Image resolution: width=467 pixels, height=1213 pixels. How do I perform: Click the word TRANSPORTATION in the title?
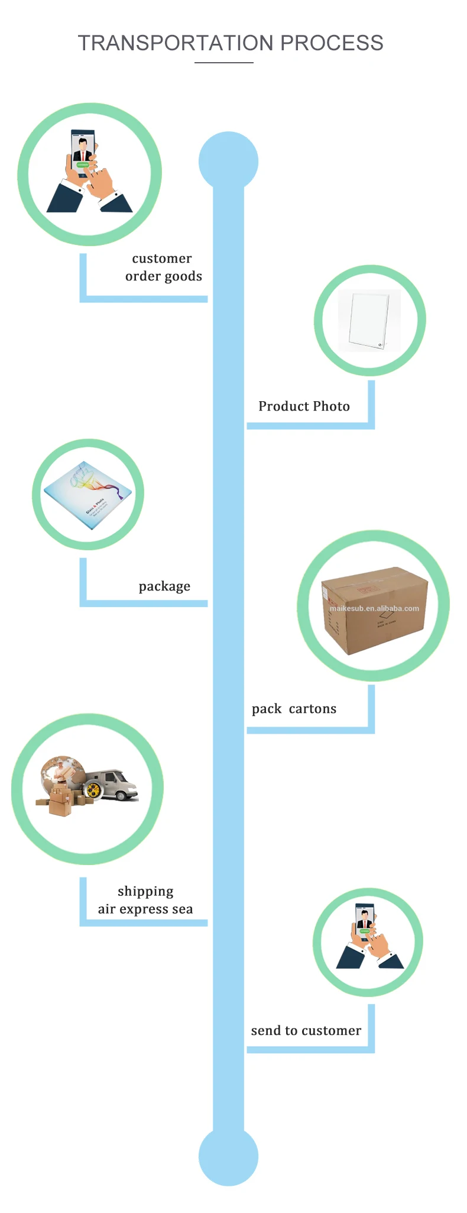(x=176, y=43)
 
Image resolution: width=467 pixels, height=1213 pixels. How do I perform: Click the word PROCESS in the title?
(x=332, y=43)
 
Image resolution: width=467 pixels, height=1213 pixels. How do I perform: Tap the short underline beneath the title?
(x=224, y=62)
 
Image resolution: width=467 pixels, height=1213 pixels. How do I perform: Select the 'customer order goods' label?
(x=163, y=267)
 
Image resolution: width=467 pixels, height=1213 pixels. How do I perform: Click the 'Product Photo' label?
(x=304, y=407)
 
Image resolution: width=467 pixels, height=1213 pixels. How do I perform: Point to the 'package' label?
(x=164, y=586)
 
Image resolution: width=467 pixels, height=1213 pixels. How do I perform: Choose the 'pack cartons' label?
(x=294, y=709)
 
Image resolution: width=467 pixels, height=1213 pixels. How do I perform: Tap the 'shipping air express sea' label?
(x=145, y=900)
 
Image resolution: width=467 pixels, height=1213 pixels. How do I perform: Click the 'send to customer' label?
(x=306, y=1031)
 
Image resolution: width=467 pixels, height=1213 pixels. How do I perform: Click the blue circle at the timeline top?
(x=228, y=160)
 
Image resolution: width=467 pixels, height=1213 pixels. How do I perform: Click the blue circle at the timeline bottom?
(x=228, y=1156)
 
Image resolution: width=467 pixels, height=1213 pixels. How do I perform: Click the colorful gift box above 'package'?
(x=87, y=495)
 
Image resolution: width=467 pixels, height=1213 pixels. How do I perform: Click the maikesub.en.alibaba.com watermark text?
(x=374, y=608)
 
